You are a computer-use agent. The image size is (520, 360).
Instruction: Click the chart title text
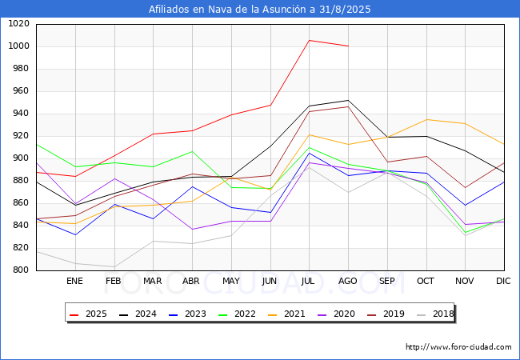(260, 10)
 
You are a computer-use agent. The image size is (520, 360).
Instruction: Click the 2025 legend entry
(88, 314)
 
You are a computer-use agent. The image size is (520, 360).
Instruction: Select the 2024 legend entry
(137, 314)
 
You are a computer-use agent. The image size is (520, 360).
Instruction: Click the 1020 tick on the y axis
(18, 24)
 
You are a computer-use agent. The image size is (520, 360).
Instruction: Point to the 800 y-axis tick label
(21, 270)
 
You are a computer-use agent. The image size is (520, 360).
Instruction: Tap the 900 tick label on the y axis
(21, 158)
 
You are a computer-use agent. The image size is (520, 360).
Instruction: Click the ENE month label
(74, 281)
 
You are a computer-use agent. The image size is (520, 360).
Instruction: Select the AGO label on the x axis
(348, 281)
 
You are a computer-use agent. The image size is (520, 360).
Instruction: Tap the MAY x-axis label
(230, 281)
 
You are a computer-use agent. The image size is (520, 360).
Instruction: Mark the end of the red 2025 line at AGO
(348, 46)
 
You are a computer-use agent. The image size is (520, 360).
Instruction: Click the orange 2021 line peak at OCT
(426, 120)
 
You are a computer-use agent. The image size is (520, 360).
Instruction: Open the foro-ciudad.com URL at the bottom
(458, 347)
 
